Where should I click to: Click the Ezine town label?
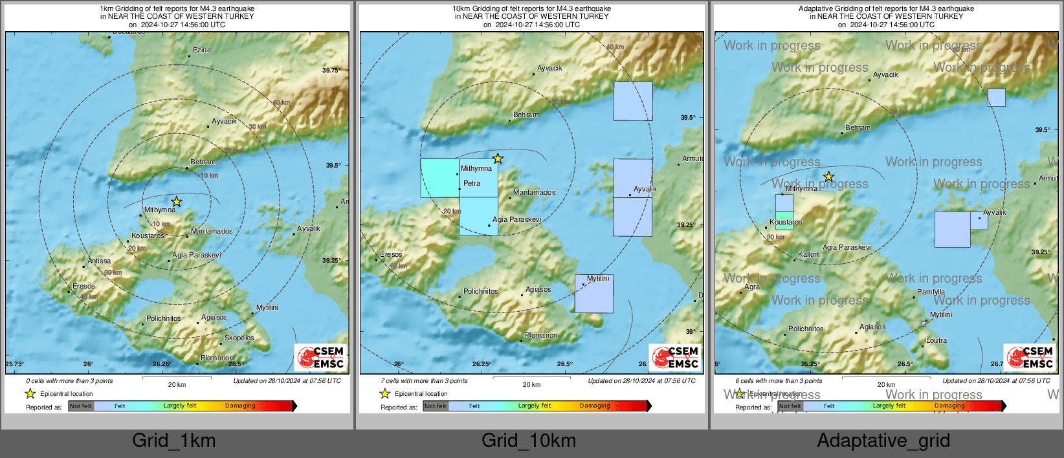202,50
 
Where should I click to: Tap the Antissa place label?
99,261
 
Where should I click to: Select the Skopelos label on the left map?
239,338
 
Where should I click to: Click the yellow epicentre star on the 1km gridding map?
176,202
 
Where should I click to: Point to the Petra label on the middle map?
472,183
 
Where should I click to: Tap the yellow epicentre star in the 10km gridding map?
497,158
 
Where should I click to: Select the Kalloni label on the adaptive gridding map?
809,254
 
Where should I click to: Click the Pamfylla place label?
931,292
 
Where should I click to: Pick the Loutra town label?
936,340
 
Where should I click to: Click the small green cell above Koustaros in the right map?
784,215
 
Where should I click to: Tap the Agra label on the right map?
752,287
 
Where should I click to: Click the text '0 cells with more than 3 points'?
69,380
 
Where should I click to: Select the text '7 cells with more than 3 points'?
424,380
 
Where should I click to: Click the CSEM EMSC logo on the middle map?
676,357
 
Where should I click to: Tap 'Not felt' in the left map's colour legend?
81,406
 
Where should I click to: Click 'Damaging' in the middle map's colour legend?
595,406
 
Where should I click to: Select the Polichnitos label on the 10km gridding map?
481,291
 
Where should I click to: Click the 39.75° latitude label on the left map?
331,70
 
